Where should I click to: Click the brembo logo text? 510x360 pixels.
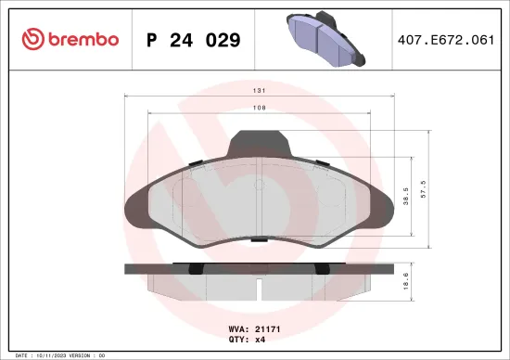coord(79,39)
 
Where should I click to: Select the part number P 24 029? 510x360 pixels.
coord(194,40)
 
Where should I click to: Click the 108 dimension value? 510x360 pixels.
coord(263,109)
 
